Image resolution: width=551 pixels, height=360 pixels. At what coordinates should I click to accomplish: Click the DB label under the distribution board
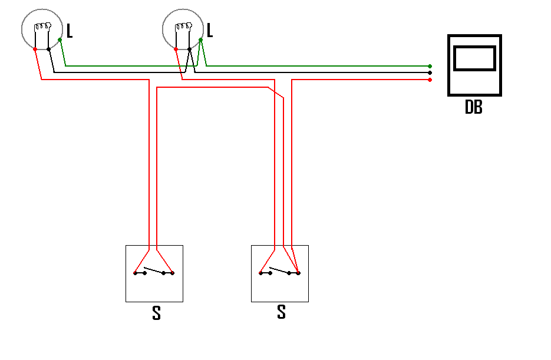pos(473,107)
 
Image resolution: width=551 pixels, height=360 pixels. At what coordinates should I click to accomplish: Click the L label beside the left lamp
pos(70,31)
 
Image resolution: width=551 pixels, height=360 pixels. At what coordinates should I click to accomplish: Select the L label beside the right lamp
pos(210,30)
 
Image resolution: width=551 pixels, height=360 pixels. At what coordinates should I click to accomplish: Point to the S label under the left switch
pos(156,313)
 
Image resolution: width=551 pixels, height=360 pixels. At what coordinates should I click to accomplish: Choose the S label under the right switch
pos(281,312)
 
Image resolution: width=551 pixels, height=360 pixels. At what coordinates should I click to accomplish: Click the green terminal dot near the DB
pos(430,66)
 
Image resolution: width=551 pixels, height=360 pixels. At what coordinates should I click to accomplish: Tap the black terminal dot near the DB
pos(430,72)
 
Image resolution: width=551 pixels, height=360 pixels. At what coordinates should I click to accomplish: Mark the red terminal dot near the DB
pos(430,80)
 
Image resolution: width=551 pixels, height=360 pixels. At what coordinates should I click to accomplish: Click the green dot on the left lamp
pos(60,40)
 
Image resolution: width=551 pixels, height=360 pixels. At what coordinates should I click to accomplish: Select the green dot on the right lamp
pos(200,40)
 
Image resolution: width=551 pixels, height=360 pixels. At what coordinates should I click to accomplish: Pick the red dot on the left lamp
pos(35,49)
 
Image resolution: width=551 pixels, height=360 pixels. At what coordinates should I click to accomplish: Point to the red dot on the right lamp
pos(176,49)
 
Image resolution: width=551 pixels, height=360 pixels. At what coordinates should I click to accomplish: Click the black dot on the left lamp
pos(48,49)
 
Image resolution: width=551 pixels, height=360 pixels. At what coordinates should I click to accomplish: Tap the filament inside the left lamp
pos(42,27)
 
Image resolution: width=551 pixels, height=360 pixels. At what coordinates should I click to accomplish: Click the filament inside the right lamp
pos(183,27)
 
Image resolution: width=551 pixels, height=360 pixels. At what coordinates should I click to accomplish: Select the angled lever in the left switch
pos(154,270)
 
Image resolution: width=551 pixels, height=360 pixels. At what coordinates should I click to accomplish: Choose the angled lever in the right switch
pos(279,270)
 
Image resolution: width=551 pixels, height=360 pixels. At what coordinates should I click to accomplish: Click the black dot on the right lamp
pos(189,49)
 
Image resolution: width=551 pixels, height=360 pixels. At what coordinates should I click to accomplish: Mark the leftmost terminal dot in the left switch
pos(136,273)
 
